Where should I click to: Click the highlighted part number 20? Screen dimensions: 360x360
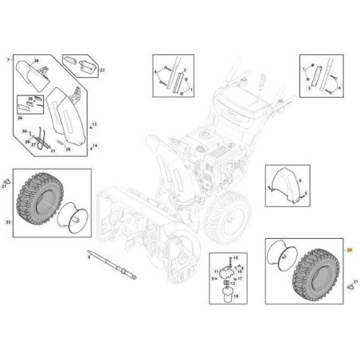pyautogui.click(x=349, y=251)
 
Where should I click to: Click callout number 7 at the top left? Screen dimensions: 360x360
pyautogui.click(x=8, y=61)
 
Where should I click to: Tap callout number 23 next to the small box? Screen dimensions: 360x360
pyautogui.click(x=103, y=69)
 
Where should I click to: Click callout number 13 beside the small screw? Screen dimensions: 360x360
pyautogui.click(x=94, y=126)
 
